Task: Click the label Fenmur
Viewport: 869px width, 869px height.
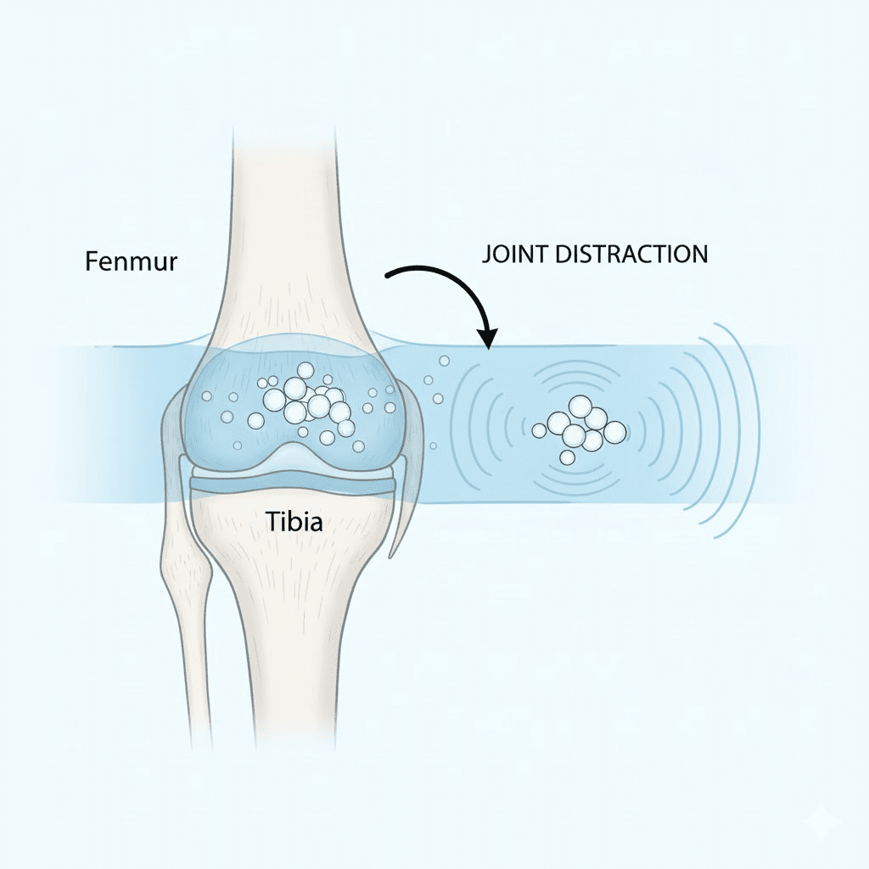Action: click(x=131, y=261)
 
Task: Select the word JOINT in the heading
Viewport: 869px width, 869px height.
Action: click(x=510, y=254)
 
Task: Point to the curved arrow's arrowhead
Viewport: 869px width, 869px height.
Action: click(x=488, y=339)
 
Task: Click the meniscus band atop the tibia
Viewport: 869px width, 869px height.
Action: click(x=293, y=486)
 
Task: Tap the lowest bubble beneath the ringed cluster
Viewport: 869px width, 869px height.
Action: click(x=567, y=458)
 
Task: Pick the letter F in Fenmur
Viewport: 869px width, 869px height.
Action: click(x=92, y=261)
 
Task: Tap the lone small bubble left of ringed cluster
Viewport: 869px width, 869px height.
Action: click(x=539, y=431)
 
